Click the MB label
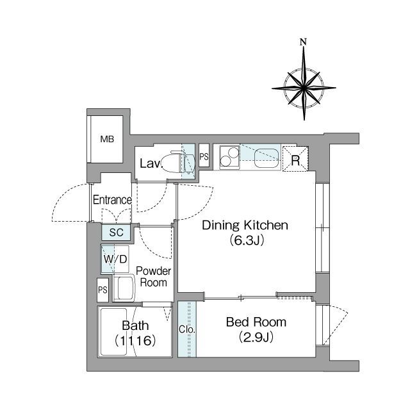point(107,139)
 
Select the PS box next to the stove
point(204,156)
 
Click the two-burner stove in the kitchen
point(229,157)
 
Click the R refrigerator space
point(295,159)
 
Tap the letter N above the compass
point(303,42)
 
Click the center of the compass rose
point(304,88)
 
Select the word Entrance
point(112,200)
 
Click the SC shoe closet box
point(116,232)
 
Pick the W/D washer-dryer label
point(115,259)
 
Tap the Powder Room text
point(154,277)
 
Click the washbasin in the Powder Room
point(124,288)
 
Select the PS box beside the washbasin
point(102,290)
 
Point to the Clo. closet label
point(187,329)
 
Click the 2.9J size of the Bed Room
point(256,338)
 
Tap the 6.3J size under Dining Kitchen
point(247,240)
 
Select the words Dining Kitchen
point(245,225)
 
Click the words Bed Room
point(256,322)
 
